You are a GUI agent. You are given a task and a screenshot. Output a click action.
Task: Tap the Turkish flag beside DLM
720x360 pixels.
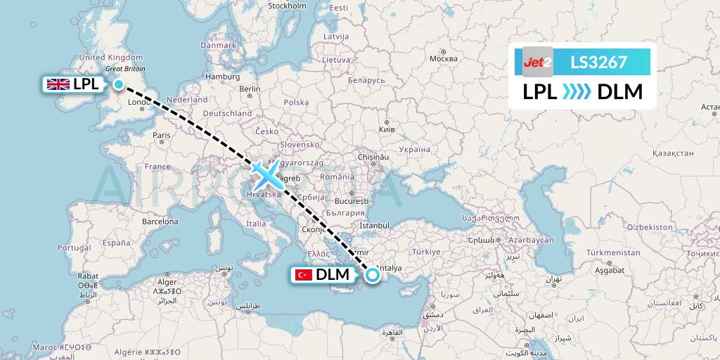pyautogui.click(x=303, y=275)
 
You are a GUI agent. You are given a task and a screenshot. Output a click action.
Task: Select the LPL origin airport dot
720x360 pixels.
pyautogui.click(x=119, y=85)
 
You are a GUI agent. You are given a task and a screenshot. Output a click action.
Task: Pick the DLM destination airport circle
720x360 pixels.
pyautogui.click(x=372, y=276)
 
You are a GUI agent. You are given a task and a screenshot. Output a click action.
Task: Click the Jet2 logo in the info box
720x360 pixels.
pyautogui.click(x=538, y=63)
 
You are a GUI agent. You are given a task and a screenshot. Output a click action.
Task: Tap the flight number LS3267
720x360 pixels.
pyautogui.click(x=598, y=63)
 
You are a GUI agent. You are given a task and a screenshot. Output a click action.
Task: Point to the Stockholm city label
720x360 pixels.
pyautogui.click(x=287, y=6)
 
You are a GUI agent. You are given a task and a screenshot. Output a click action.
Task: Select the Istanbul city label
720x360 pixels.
pyautogui.click(x=374, y=225)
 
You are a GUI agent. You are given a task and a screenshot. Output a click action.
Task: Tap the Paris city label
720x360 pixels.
pyautogui.click(x=161, y=135)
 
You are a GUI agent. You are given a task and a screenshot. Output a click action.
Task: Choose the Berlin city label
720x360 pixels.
pyautogui.click(x=250, y=89)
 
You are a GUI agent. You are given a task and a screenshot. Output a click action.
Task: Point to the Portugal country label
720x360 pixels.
pyautogui.click(x=74, y=247)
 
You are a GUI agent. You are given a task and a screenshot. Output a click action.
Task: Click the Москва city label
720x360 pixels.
pyautogui.click(x=443, y=58)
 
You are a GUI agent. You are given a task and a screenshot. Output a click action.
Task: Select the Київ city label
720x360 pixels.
pyautogui.click(x=387, y=130)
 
